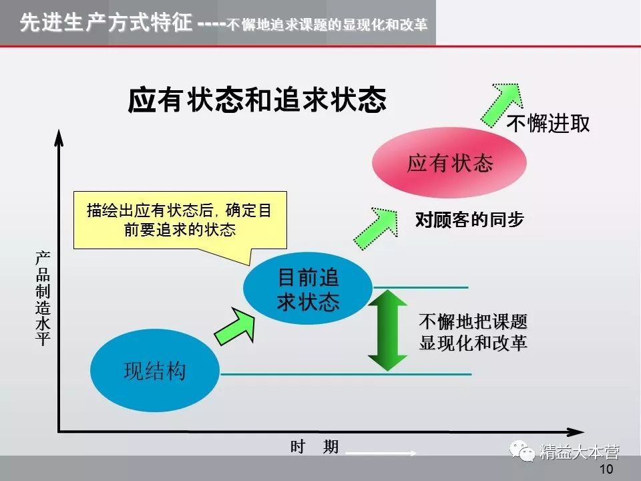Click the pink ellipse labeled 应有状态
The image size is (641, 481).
point(449,162)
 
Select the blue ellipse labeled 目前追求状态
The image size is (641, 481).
point(308,289)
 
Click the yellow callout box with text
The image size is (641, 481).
point(179,220)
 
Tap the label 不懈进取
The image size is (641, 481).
point(549,124)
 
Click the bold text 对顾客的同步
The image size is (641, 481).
point(469,220)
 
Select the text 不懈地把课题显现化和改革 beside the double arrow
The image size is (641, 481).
point(473,332)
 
